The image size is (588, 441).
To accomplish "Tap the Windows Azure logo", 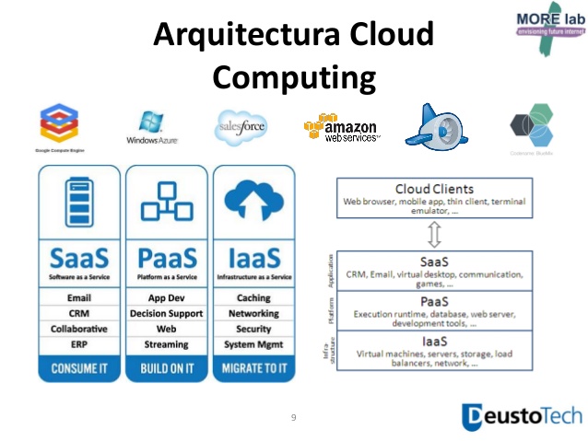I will (152, 128).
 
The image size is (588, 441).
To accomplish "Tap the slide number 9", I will (293, 418).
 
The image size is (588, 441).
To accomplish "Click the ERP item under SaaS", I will (78, 344).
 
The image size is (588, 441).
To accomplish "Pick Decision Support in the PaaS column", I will (167, 314).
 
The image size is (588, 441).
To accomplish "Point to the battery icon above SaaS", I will (78, 202).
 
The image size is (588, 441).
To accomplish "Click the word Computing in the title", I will (294, 75).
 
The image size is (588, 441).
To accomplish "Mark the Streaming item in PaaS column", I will (167, 344).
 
